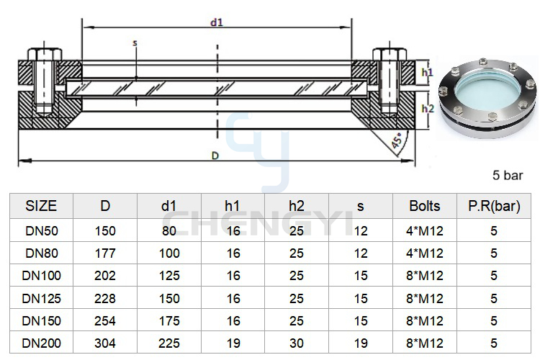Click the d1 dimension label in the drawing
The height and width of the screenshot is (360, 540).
tap(217, 23)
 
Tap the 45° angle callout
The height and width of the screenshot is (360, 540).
tap(397, 140)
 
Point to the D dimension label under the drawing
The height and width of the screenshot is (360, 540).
tap(215, 156)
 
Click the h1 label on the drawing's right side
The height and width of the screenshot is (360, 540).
tap(428, 72)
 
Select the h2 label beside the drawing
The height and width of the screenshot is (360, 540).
tap(428, 109)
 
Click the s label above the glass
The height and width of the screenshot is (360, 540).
tap(135, 43)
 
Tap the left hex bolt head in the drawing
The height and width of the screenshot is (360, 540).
tap(45, 55)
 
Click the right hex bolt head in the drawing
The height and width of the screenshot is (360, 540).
tap(390, 55)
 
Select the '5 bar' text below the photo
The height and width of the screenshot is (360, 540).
tap(508, 176)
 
